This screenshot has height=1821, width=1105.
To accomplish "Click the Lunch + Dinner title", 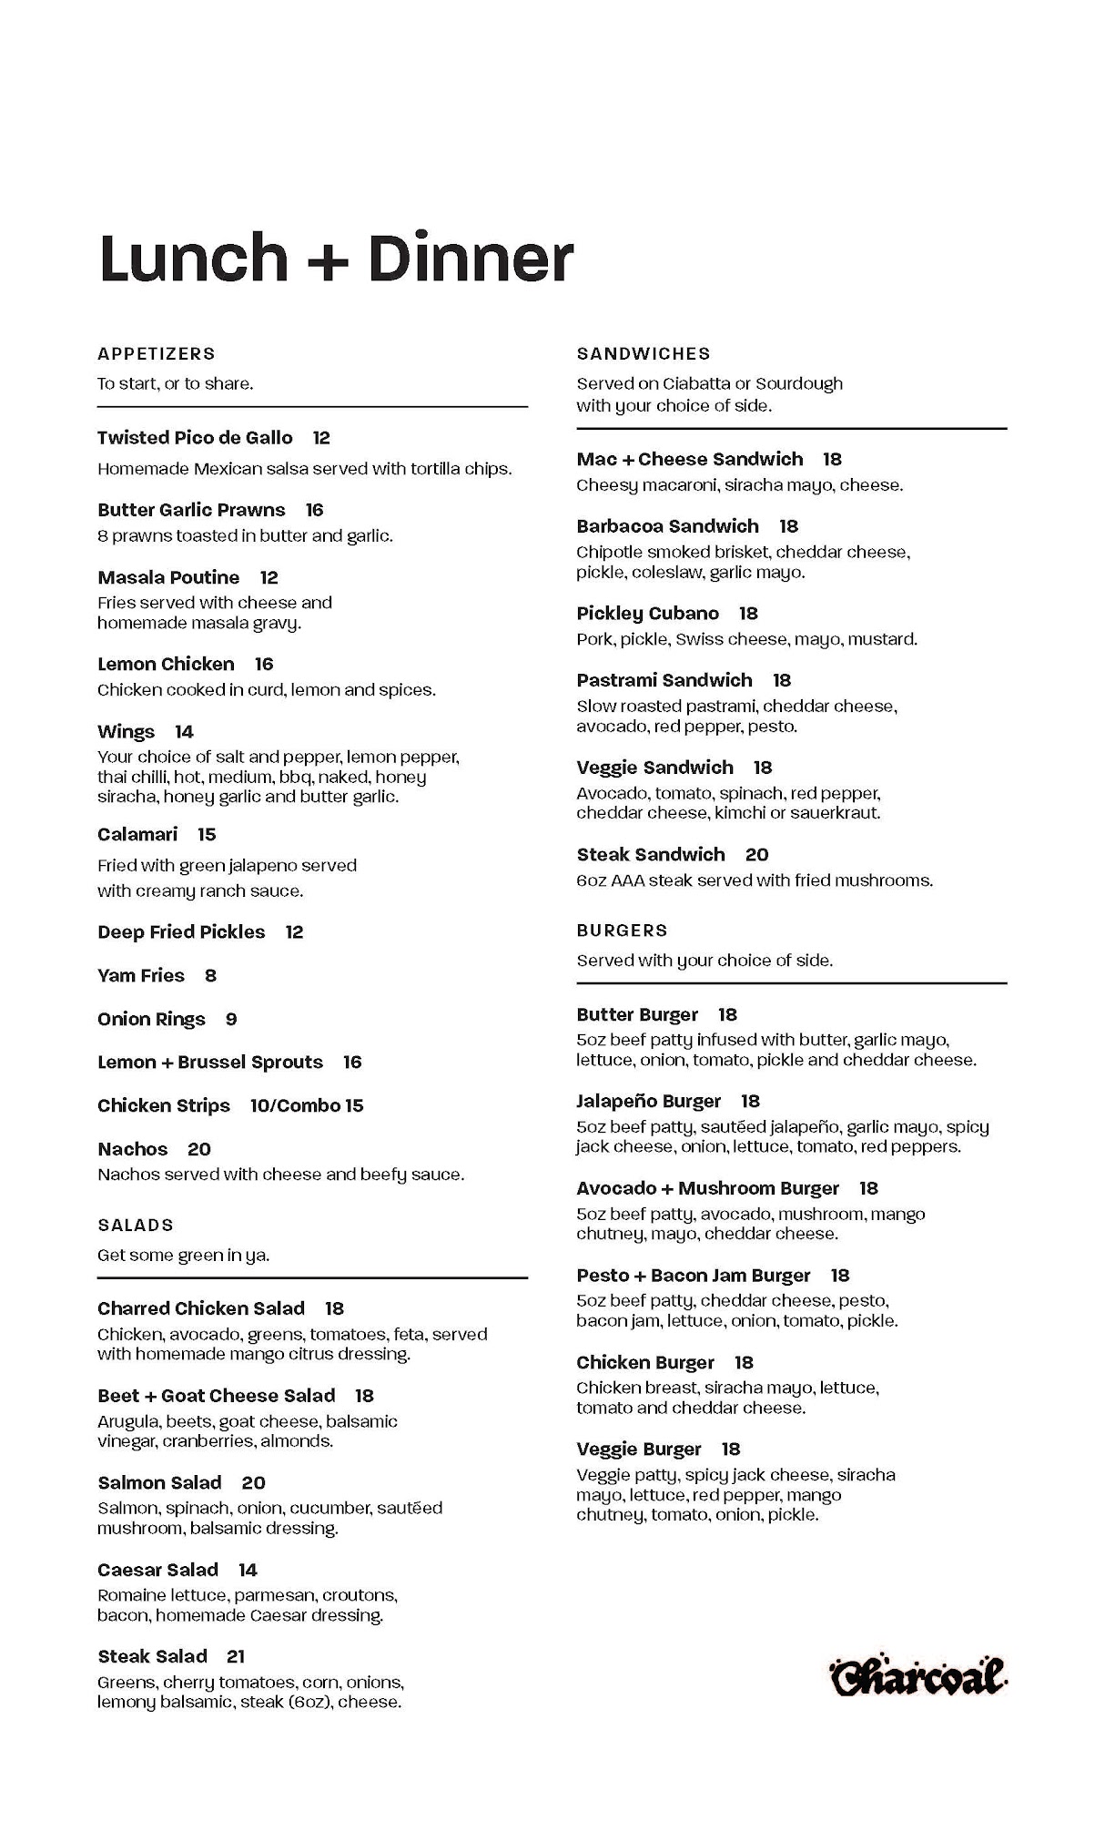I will click(336, 258).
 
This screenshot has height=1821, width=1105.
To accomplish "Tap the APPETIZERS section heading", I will click(157, 353).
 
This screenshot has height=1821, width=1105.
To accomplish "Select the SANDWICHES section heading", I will click(644, 353).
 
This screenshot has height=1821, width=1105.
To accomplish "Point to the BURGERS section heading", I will click(622, 931).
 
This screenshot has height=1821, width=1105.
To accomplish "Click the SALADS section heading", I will click(136, 1226).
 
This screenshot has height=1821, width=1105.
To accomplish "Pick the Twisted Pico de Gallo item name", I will click(195, 438).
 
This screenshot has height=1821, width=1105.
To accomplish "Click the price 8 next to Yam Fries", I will click(210, 976).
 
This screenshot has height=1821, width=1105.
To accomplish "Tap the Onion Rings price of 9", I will click(231, 1020).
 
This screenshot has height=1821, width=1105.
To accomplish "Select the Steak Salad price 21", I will click(236, 1657).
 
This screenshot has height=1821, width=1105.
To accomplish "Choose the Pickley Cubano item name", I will click(647, 614).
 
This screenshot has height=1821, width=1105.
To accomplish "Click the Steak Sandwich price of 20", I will click(756, 855).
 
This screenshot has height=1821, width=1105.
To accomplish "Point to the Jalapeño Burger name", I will click(648, 1102).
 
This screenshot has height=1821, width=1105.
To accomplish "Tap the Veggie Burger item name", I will click(639, 1450).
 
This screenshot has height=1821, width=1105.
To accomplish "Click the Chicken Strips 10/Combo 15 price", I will click(307, 1106).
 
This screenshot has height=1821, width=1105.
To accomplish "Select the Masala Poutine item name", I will click(168, 578).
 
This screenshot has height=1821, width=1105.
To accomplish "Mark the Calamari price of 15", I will click(207, 835).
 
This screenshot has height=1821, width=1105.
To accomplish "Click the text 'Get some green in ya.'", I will click(184, 1256).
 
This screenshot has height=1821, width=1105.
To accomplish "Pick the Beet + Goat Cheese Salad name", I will click(217, 1396).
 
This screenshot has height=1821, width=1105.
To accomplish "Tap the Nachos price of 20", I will click(199, 1150).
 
